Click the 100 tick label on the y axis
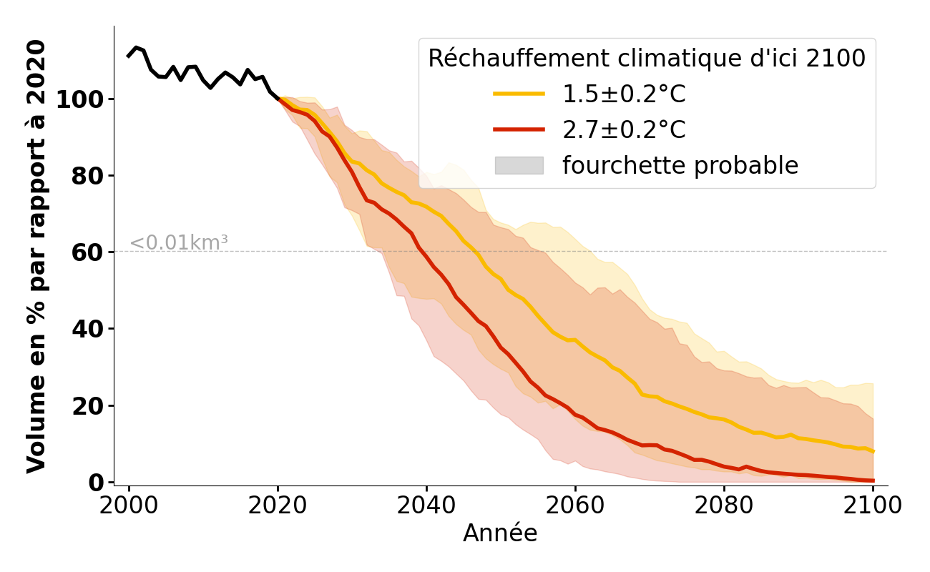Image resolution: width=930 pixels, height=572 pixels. (x=81, y=99)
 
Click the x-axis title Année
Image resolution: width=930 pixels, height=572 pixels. (x=500, y=533)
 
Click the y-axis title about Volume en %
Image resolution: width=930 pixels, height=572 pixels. (x=36, y=256)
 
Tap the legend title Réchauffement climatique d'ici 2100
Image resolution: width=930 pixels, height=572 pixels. (x=647, y=59)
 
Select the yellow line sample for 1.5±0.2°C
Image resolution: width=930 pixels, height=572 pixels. (x=519, y=94)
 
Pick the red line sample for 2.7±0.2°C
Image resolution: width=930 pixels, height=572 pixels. (x=519, y=129)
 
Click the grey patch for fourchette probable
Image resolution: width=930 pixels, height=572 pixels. (x=519, y=165)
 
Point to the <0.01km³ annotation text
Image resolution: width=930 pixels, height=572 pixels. (x=179, y=243)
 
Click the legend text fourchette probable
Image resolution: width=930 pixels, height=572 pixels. (x=680, y=165)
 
